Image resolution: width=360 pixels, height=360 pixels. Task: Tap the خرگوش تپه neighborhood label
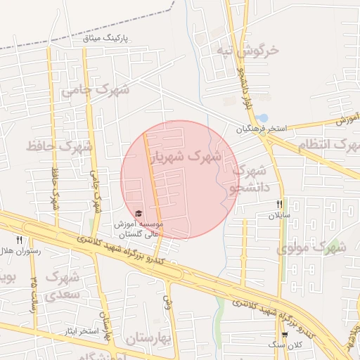click(x=247, y=51)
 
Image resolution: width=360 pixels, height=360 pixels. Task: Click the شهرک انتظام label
click(x=329, y=146)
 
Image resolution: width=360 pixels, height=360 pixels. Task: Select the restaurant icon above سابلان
click(x=279, y=204)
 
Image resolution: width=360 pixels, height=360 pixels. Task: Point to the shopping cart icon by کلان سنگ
click(x=284, y=335)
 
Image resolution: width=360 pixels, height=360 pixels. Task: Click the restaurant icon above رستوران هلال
click(x=19, y=240)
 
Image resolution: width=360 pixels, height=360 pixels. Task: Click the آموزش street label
click(x=347, y=120)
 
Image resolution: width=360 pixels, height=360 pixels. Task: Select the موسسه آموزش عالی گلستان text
click(x=139, y=229)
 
